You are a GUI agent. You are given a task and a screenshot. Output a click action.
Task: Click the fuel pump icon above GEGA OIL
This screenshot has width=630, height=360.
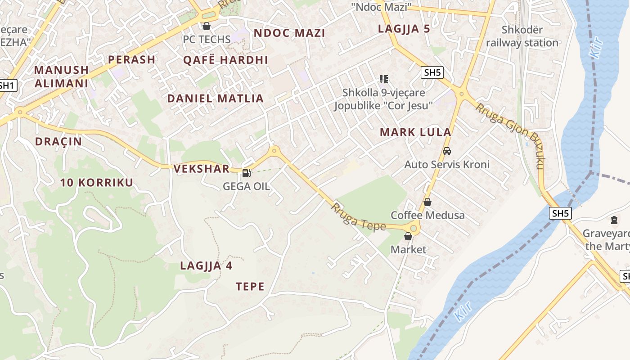point(246,173)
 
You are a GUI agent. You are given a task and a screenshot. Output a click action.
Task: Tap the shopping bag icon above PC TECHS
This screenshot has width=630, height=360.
point(207,26)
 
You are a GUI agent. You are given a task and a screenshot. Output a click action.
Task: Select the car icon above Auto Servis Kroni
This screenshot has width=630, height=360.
point(447,151)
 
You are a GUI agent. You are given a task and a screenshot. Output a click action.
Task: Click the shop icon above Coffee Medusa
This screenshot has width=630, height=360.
point(427,202)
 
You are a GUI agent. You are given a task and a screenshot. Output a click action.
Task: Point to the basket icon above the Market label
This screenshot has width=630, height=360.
point(408,236)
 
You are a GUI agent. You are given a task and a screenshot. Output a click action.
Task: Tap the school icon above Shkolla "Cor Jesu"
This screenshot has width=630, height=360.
point(383,79)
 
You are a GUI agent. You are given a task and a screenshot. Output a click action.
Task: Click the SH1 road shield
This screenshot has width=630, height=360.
point(8,85)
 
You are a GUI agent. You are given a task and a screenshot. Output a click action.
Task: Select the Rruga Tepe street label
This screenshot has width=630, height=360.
point(359,217)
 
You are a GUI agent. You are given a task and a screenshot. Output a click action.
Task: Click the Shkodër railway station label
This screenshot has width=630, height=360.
point(522,36)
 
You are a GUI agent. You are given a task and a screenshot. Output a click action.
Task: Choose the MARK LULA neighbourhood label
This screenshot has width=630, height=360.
point(415,132)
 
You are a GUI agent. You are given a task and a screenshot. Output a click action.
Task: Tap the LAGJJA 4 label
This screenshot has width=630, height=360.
point(206,265)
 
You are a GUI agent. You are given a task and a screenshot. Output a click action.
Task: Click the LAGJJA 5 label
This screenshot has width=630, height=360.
point(404,29)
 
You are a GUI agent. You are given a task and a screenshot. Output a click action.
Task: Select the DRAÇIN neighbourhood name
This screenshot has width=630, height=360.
point(58,142)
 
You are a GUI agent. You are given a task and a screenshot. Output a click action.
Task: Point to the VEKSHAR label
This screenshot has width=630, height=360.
point(201,169)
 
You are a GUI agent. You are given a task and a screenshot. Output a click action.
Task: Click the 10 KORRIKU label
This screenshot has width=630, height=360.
point(97,183)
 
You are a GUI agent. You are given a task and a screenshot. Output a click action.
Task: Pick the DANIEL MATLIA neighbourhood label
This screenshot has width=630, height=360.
point(215,99)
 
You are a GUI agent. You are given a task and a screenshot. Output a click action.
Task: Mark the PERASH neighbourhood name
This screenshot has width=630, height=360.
point(132,59)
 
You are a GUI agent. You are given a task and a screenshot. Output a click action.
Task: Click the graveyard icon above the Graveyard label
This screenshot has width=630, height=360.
point(614,220)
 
